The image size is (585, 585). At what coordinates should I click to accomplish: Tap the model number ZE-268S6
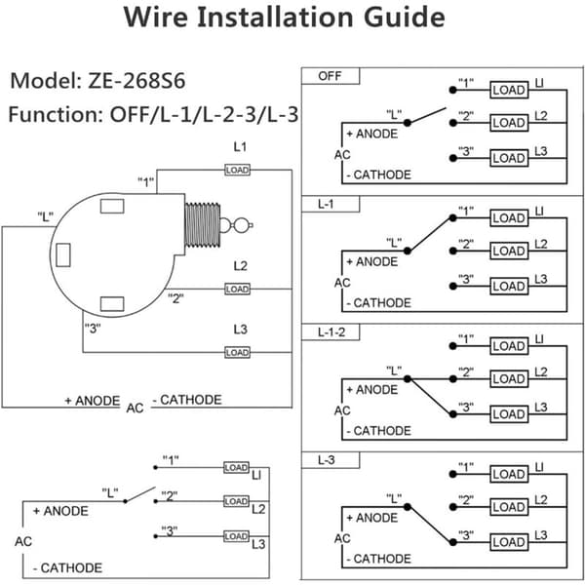tap(136, 81)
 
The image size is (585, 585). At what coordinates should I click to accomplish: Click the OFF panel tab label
tap(330, 76)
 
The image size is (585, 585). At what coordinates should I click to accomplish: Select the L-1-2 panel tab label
tap(331, 332)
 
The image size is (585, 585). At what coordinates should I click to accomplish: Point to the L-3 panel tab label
tap(326, 460)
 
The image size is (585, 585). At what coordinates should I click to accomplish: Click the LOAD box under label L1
tap(237, 170)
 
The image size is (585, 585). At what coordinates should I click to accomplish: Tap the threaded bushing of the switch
tap(203, 225)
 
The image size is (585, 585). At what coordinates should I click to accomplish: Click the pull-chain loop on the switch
tap(241, 225)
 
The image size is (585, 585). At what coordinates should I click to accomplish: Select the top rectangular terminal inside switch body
tap(112, 206)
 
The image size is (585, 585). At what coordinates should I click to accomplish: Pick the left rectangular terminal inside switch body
tap(63, 254)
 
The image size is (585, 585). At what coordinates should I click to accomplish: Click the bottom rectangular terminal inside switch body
tap(112, 304)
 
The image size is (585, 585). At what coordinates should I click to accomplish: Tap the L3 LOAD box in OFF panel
tap(509, 158)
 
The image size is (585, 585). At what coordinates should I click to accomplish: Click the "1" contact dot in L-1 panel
tap(453, 217)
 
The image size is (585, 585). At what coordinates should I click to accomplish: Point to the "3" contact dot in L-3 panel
tap(453, 542)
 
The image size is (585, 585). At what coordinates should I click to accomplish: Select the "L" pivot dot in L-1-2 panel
tap(408, 378)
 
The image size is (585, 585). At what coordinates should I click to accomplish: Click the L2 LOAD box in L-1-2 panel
tap(509, 378)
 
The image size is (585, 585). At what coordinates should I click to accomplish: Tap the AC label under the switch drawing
tap(135, 409)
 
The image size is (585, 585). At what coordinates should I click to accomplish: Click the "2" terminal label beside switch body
tap(175, 298)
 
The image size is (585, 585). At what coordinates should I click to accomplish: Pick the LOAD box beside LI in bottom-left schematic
tap(236, 467)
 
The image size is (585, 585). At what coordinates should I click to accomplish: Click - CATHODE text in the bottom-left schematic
tap(67, 567)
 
